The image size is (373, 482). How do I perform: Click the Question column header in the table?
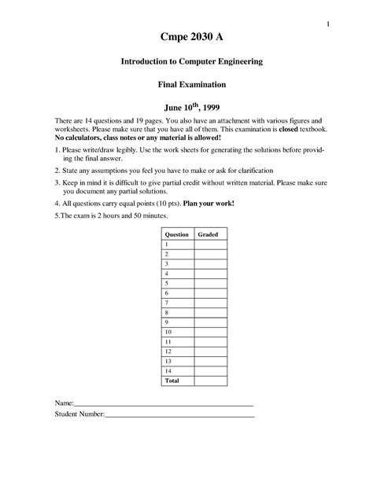click(x=175, y=234)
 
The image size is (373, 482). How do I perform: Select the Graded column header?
click(x=209, y=234)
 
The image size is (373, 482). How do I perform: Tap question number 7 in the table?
click(x=166, y=302)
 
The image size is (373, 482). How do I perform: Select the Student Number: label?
click(x=79, y=435)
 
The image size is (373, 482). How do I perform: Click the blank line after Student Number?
click(x=179, y=436)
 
